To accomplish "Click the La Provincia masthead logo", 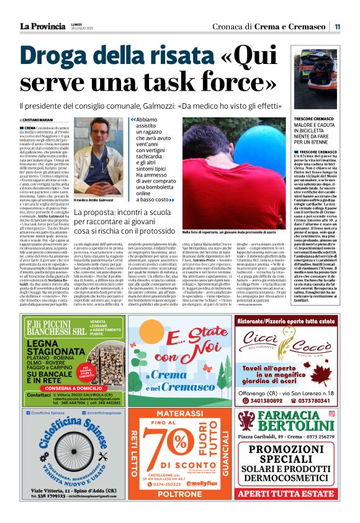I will point(42,27).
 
